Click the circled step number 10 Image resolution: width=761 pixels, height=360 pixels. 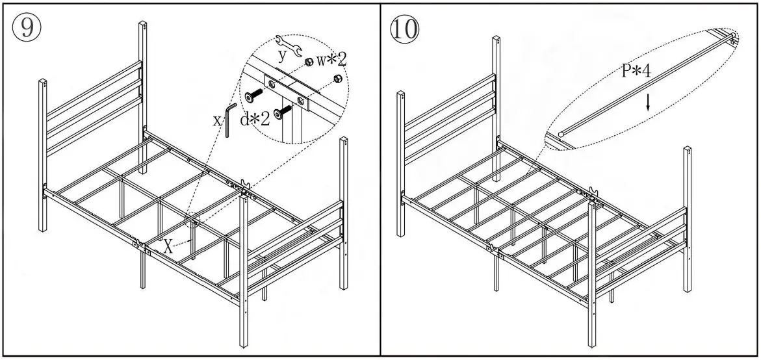coord(404,29)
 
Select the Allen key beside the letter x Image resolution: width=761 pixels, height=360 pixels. coord(227,120)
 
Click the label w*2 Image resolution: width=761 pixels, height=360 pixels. coord(332,60)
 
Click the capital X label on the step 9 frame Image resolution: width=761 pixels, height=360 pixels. coord(168,246)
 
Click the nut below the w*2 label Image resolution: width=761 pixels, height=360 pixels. coord(337,79)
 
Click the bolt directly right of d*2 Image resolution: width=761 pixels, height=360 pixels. coord(281,113)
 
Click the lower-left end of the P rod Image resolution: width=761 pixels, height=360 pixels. coord(560,136)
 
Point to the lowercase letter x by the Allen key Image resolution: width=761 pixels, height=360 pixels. coord(217,120)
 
